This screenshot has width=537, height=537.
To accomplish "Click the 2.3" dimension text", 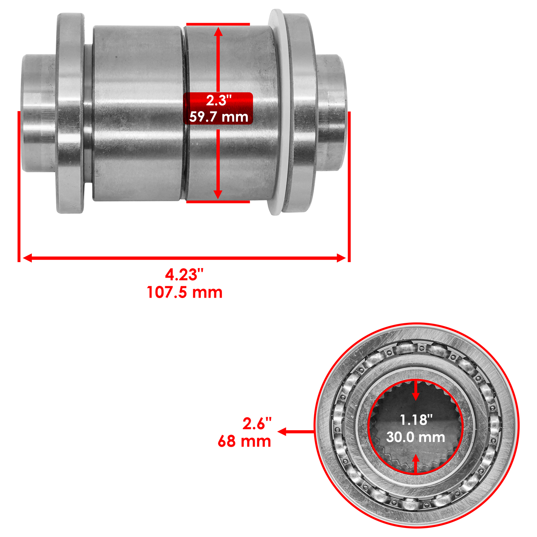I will tap(218, 100).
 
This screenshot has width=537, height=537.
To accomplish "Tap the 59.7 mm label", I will tap(218, 117).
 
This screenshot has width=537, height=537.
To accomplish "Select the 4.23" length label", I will tap(184, 275).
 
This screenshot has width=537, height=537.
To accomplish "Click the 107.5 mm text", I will tap(184, 292).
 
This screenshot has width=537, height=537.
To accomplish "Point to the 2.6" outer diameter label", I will tap(257, 424).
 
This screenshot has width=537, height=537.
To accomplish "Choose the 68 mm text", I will tap(244, 441).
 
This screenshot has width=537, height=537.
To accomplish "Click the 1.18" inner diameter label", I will tap(416, 420).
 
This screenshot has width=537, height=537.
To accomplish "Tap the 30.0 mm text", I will tap(416, 437).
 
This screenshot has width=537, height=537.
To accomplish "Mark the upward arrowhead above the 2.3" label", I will tap(218, 32).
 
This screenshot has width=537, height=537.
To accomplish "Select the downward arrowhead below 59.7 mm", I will tap(218, 194).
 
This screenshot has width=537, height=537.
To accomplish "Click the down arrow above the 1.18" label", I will tap(416, 396).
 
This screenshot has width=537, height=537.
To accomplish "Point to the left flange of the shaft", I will tap(70, 113).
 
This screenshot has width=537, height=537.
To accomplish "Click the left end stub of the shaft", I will tap(37, 113).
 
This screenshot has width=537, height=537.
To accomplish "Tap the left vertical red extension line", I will tap(19, 186).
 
